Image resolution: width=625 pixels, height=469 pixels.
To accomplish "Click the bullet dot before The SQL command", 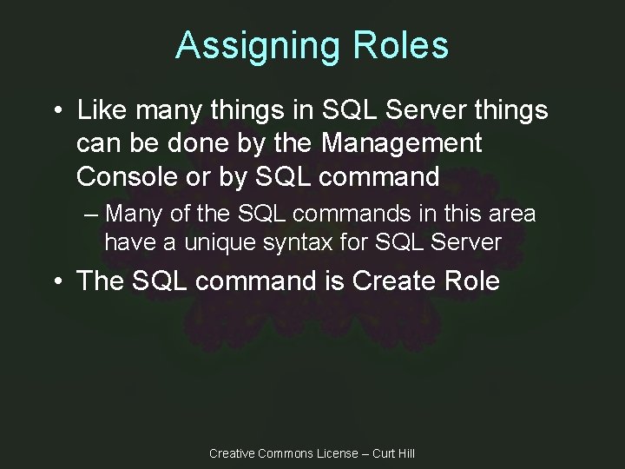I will click(57, 282).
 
